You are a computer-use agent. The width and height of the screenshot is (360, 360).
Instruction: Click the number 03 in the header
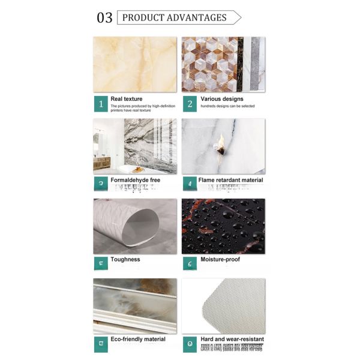click(x=104, y=17)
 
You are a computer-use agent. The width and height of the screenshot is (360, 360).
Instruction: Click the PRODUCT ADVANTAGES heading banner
click(x=176, y=17)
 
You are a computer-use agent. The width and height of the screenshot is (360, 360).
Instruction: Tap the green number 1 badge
click(x=100, y=104)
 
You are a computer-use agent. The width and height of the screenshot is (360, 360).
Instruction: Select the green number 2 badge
click(x=190, y=104)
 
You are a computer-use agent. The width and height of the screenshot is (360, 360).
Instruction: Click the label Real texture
click(x=127, y=99)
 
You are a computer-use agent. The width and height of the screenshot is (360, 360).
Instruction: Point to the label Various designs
click(x=222, y=99)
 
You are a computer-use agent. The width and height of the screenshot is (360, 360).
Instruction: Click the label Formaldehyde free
click(x=135, y=180)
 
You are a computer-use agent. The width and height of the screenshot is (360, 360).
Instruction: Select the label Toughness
click(x=125, y=259)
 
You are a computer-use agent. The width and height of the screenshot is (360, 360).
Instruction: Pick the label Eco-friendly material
click(x=138, y=339)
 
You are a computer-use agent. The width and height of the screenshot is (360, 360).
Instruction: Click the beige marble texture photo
click(x=135, y=64)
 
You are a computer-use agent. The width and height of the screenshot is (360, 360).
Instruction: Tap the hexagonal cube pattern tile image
click(x=213, y=64)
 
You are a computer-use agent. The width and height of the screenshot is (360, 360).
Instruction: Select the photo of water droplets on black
click(x=223, y=226)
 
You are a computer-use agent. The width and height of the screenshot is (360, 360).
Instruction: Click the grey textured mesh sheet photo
click(x=223, y=306)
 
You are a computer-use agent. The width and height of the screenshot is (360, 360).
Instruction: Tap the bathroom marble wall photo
click(x=135, y=145)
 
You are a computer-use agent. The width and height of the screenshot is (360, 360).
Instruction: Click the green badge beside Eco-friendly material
click(x=100, y=344)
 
